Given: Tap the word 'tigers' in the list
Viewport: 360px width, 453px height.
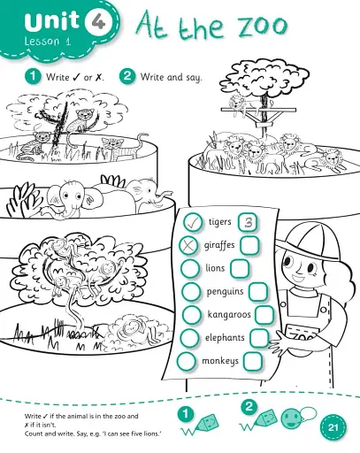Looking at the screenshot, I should pyautogui.click(x=219, y=221).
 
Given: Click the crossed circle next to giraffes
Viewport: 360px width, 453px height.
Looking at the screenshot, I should pyautogui.click(x=188, y=245).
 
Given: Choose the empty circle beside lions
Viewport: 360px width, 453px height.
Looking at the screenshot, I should pyautogui.click(x=190, y=268).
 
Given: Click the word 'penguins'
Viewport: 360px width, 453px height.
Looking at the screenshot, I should pyautogui.click(x=226, y=291).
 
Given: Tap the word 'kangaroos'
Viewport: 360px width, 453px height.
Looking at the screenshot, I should pyautogui.click(x=230, y=314).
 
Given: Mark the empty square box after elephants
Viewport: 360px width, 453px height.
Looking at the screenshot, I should pyautogui.click(x=258, y=337).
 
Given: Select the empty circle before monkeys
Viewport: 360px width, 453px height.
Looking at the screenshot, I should pyautogui.click(x=187, y=361).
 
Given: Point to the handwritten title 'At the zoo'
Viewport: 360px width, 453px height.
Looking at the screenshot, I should pyautogui.click(x=211, y=27).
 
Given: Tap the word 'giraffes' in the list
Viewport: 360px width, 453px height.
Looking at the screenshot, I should pyautogui.click(x=220, y=245).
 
